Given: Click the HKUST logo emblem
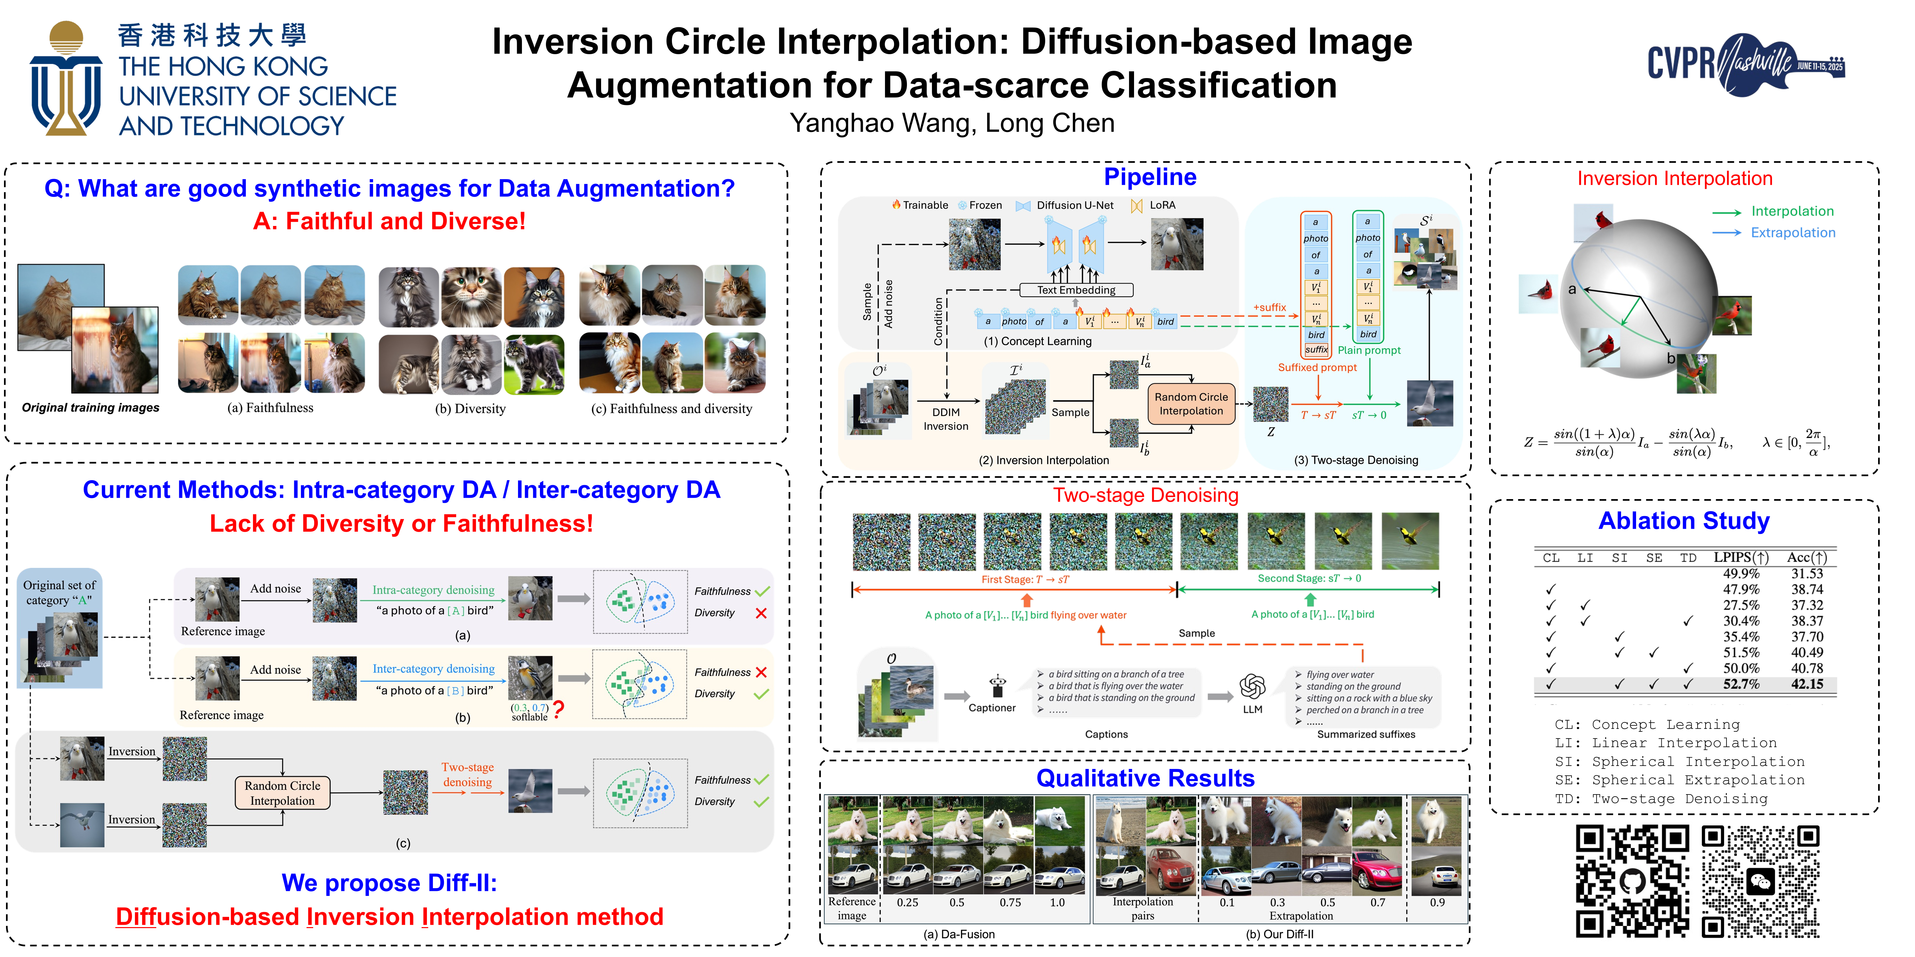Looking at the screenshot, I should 65,78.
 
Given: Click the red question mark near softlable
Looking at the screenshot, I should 558,709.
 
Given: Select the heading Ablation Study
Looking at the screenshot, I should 1684,521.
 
